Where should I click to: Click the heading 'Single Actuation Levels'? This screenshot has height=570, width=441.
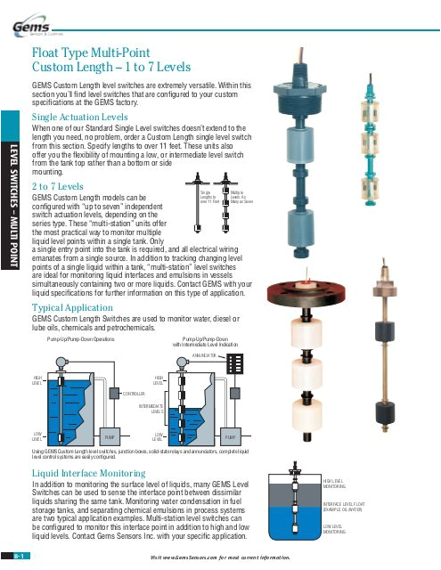click(79, 117)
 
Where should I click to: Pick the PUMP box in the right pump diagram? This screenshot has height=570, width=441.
click(230, 438)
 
